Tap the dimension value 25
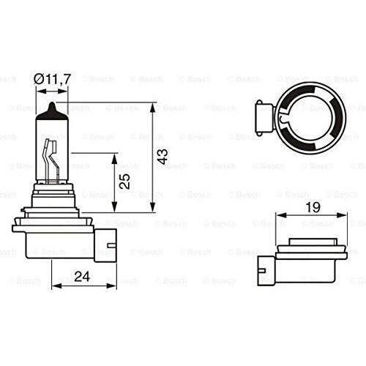coord(124,181)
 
